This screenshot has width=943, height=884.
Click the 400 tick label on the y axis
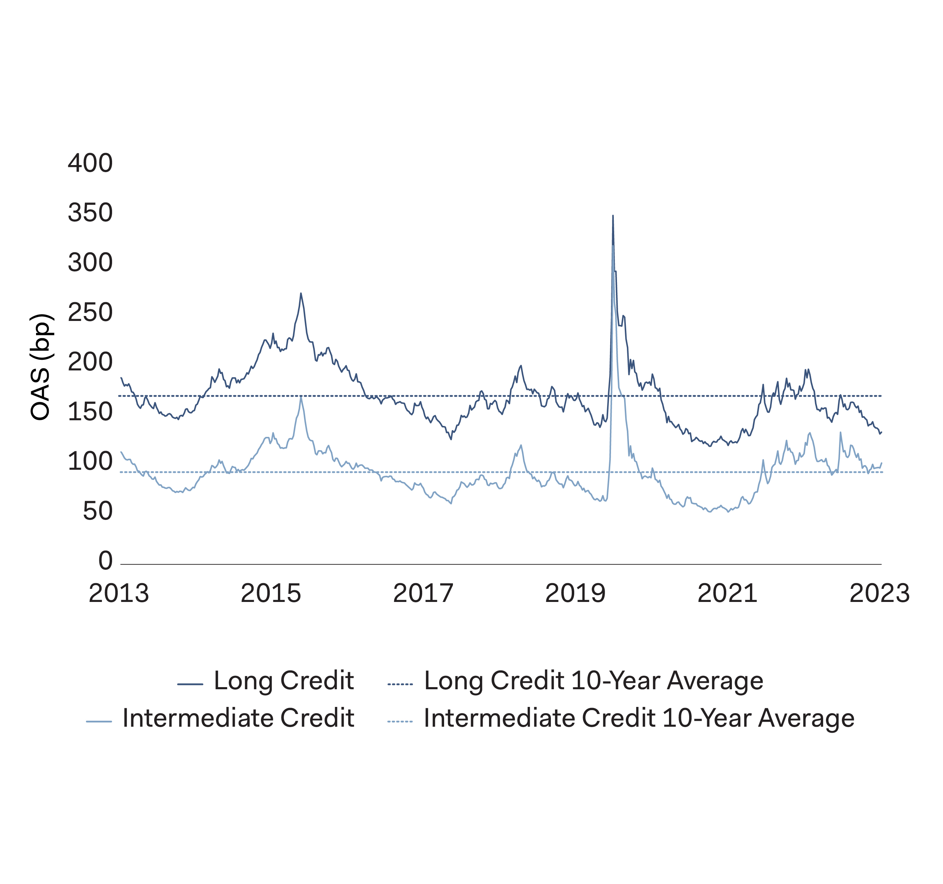pyautogui.click(x=90, y=163)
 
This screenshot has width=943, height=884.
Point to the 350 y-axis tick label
pyautogui.click(x=90, y=213)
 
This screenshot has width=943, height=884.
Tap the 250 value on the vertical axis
pyautogui.click(x=90, y=312)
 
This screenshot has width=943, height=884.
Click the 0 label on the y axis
pyautogui.click(x=105, y=561)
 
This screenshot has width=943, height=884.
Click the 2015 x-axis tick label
pyautogui.click(x=271, y=594)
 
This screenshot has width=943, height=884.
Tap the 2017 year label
pyautogui.click(x=423, y=594)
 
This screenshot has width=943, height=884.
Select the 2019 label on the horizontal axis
pyautogui.click(x=575, y=594)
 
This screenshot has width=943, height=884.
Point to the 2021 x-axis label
pyautogui.click(x=727, y=594)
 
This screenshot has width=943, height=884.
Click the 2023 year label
pyautogui.click(x=879, y=594)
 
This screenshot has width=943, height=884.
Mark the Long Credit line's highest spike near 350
pyautogui.click(x=613, y=216)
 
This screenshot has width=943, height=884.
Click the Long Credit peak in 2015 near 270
pyautogui.click(x=301, y=294)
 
